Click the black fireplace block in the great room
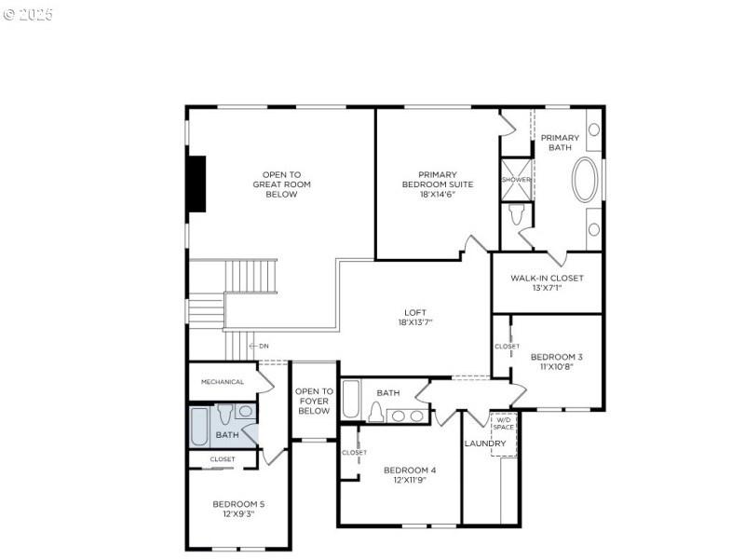pos(196,184)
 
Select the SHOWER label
pos(516,180)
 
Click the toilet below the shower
pos(518,215)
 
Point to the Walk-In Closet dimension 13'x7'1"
pos(547,289)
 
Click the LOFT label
pos(415,312)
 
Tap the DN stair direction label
pos(264,346)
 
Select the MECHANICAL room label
pos(223,382)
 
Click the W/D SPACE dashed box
pos(504,434)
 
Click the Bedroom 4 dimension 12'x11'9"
pos(410,482)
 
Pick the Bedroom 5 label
pos(238,504)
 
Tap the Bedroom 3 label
pos(557,356)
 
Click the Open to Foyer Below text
pos(314,401)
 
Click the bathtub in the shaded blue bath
pos(199,427)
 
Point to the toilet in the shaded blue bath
pos(223,415)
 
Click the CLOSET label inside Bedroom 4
pos(354,453)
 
